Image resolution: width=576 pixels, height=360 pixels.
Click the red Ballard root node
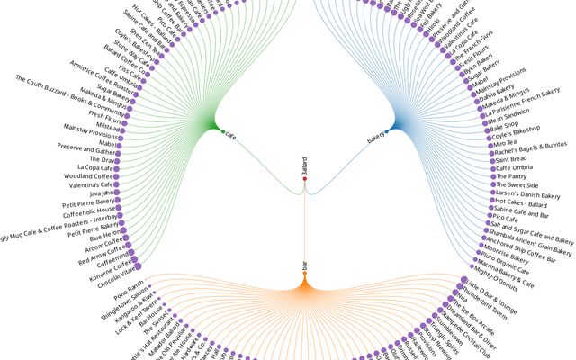point(305,180)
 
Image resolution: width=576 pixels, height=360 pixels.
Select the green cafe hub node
point(223,133)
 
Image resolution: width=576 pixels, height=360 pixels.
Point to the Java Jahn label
point(100,193)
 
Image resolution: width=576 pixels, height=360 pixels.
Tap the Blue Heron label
point(100,232)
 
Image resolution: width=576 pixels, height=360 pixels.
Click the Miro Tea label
point(505,141)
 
